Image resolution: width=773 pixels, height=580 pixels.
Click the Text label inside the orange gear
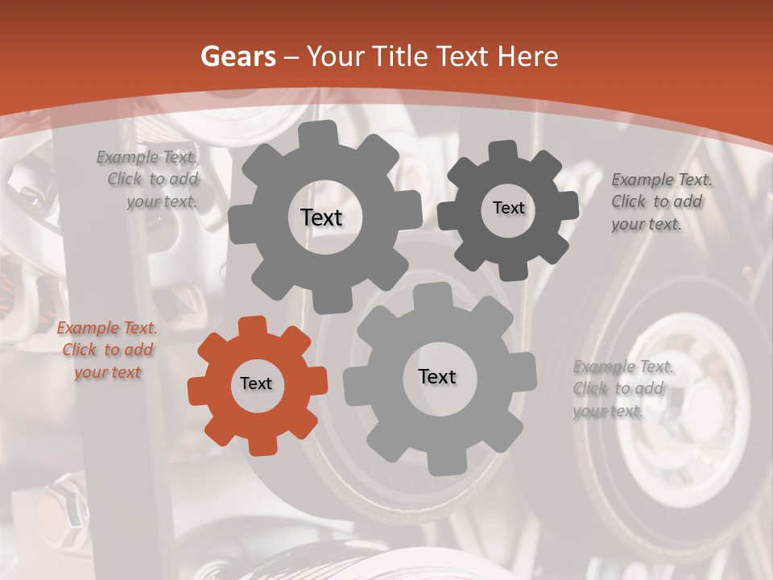(x=256, y=384)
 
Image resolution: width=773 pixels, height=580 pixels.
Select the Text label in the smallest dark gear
(x=508, y=208)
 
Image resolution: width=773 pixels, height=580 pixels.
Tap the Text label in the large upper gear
(x=321, y=217)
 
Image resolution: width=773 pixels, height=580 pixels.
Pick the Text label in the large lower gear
(x=437, y=377)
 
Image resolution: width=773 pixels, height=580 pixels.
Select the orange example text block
(x=107, y=350)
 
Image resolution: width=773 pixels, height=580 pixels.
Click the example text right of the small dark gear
(x=660, y=201)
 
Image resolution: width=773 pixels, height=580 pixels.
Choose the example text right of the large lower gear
(x=622, y=389)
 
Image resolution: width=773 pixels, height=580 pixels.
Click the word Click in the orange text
(x=80, y=350)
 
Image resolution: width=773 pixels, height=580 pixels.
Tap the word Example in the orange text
(x=87, y=329)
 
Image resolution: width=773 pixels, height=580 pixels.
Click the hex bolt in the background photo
(x=68, y=503)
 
